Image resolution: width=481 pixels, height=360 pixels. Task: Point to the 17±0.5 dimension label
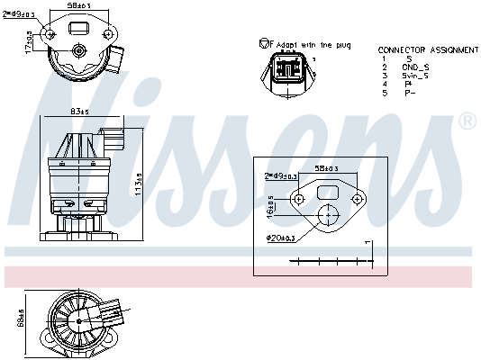click(x=29, y=41)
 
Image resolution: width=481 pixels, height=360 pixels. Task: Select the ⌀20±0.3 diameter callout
click(x=279, y=237)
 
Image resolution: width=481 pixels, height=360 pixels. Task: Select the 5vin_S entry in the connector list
click(x=415, y=76)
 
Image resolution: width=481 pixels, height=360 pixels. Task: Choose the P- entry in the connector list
click(x=411, y=93)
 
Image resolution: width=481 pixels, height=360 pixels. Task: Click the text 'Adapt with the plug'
click(x=312, y=44)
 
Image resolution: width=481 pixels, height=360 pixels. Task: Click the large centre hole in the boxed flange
click(x=329, y=216)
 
